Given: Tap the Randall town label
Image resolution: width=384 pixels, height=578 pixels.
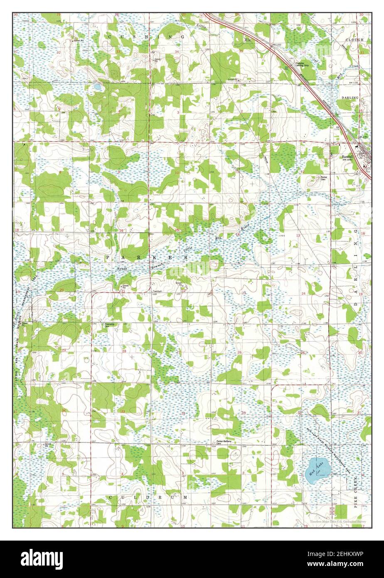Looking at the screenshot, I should click(x=347, y=156).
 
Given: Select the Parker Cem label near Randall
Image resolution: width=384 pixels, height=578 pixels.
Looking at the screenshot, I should click(x=324, y=178).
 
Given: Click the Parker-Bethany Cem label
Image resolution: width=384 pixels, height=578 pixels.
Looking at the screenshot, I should click(x=224, y=442).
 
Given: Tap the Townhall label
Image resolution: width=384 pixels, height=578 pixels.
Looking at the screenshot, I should click(x=157, y=291).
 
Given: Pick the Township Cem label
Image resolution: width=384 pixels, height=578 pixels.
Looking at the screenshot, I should click(x=109, y=325).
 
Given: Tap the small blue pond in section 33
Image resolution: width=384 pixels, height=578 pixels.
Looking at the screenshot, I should click(x=96, y=87).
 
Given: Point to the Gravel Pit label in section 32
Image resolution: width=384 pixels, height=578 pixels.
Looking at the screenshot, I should click(x=77, y=41).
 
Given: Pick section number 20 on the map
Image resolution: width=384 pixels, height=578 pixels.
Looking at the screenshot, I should click(x=62, y=290).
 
